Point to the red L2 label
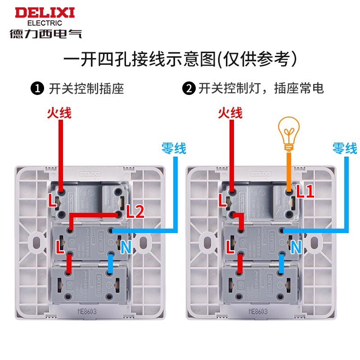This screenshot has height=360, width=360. [135, 211]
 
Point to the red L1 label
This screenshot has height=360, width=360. [305, 192]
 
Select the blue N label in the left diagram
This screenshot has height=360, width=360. [126, 246]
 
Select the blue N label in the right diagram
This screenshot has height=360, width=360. [296, 246]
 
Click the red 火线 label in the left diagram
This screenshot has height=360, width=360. [59, 112]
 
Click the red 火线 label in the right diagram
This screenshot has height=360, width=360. [230, 112]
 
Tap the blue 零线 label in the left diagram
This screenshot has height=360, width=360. [174, 148]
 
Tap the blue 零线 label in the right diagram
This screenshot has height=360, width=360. [344, 148]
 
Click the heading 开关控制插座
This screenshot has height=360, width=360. [86, 88]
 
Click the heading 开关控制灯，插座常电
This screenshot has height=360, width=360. [261, 88]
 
